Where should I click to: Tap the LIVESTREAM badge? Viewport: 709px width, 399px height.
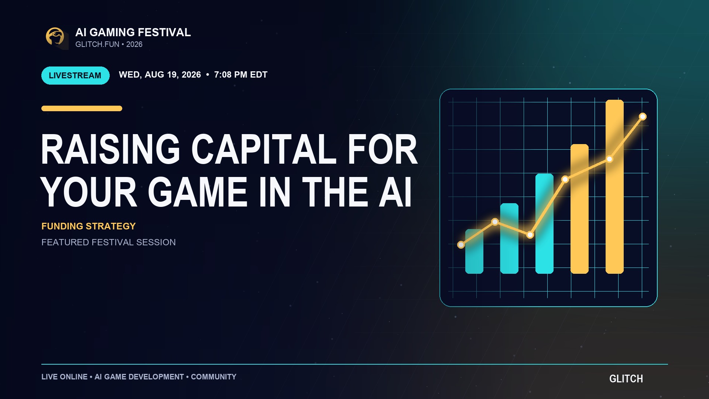(75, 75)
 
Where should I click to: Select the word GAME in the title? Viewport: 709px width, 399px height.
(198, 192)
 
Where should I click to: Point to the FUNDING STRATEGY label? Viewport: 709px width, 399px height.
(89, 226)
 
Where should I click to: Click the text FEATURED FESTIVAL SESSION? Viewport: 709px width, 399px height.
(109, 242)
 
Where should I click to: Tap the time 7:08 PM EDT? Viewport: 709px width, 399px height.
(241, 75)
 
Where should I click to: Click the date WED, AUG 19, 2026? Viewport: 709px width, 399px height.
(160, 75)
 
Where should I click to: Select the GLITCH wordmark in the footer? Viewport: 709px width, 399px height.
(626, 379)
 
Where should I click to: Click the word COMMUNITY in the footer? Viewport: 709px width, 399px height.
(213, 377)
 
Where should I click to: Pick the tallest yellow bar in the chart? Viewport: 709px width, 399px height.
(614, 187)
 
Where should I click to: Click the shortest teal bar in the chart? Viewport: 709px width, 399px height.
(474, 251)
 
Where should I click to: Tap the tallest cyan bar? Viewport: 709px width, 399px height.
(544, 224)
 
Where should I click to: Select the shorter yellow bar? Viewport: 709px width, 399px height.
(579, 209)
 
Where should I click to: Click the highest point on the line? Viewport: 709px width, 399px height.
(643, 117)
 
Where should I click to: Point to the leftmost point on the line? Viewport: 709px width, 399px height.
(461, 245)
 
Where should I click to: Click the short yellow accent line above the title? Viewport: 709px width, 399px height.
(82, 108)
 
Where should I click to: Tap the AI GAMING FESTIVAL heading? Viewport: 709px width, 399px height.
(133, 33)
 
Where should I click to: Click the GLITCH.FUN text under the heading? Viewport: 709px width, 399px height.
(97, 44)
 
